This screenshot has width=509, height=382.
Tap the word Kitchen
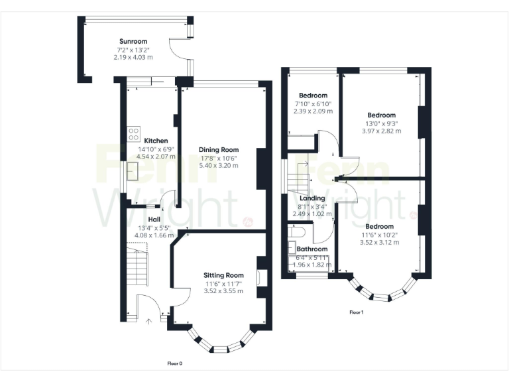(156, 141)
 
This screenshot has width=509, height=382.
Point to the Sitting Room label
(223, 275)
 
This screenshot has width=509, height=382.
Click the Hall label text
(154, 220)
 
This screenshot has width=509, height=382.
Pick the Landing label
(312, 198)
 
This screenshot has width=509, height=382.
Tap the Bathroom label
(311, 249)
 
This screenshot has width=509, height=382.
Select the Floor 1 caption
(357, 312)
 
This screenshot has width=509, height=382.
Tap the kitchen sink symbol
(133, 172)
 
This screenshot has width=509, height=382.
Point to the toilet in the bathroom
(297, 232)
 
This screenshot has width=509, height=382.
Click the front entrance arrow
(148, 322)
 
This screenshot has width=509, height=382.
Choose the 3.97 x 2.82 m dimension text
(381, 131)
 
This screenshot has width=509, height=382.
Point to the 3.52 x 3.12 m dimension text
(380, 243)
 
